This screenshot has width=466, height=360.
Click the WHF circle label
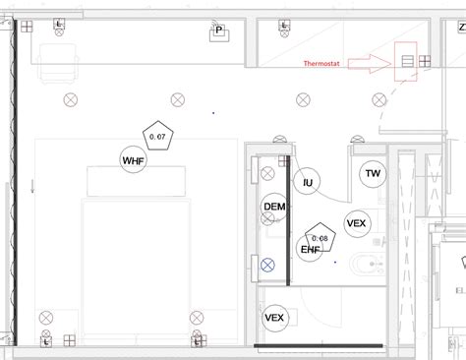click(133, 160)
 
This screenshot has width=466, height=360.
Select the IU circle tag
click(308, 182)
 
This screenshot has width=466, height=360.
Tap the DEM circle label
click(274, 207)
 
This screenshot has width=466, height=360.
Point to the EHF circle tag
click(310, 250)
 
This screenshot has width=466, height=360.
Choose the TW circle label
click(373, 174)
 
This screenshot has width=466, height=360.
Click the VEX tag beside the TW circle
click(356, 223)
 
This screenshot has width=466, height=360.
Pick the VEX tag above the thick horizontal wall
click(274, 318)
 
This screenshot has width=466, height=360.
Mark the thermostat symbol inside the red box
click(406, 61)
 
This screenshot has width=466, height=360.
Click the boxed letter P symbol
click(219, 31)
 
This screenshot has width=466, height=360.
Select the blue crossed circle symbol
click(268, 264)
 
